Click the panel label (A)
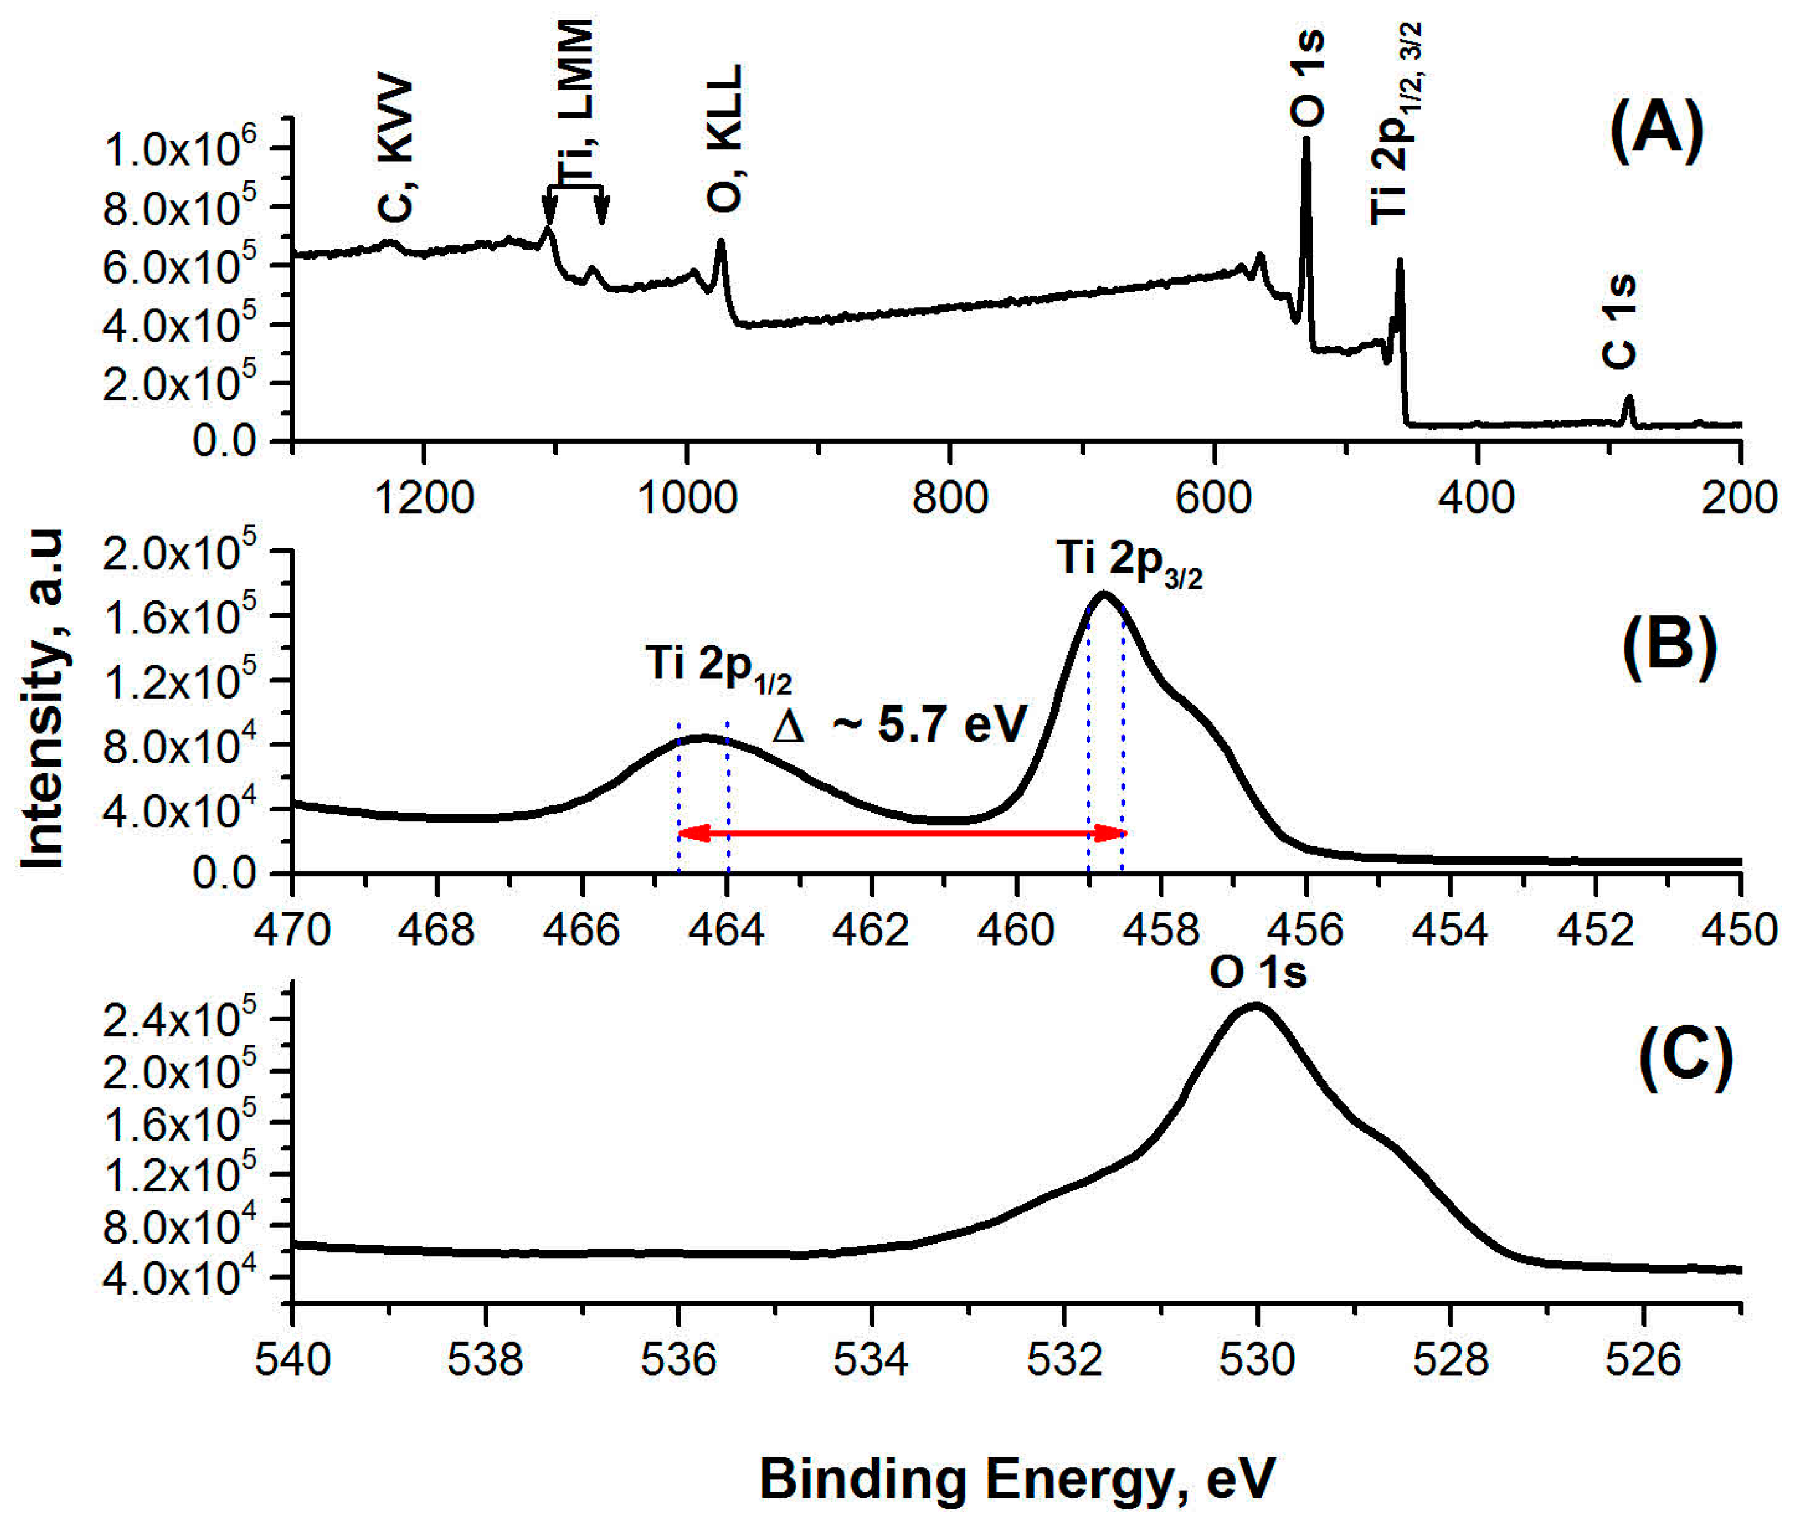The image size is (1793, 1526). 1656,131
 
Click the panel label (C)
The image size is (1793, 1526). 1685,1059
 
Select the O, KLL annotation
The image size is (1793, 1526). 725,138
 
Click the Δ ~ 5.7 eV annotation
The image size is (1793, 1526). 900,725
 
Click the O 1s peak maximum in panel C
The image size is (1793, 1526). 1256,1005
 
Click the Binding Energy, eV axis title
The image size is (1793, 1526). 1016,1478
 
